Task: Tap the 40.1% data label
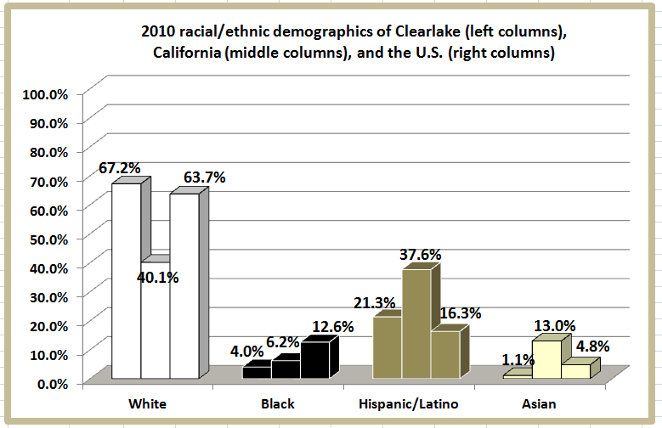[159, 276]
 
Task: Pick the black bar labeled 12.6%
[314, 360]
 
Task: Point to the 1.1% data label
[516, 359]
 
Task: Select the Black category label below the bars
[276, 403]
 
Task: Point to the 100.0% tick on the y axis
[46, 93]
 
